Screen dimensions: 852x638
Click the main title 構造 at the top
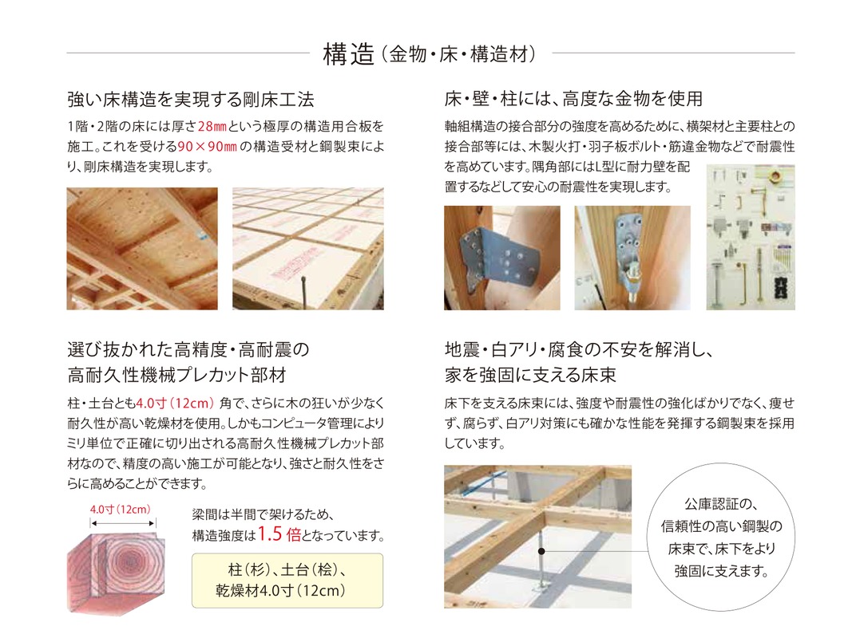[349, 54]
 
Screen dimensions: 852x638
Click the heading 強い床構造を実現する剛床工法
[191, 99]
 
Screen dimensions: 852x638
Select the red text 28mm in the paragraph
[212, 127]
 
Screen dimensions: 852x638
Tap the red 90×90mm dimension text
[207, 147]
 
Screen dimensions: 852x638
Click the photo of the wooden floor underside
[142, 249]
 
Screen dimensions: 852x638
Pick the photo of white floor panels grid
[308, 249]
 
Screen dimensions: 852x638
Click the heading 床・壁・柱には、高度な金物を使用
[574, 99]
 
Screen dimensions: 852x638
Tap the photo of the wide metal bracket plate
[502, 258]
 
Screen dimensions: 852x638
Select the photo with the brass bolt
[632, 258]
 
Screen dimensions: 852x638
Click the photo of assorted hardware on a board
[751, 238]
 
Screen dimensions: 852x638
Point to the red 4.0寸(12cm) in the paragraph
[175, 404]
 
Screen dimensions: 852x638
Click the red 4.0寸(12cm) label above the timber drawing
[120, 510]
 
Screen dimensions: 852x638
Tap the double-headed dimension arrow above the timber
[123, 523]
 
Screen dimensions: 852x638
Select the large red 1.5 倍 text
[279, 534]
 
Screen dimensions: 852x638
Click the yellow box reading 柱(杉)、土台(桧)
[287, 581]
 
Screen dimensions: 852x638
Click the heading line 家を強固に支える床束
[530, 375]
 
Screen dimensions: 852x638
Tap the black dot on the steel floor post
[541, 551]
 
